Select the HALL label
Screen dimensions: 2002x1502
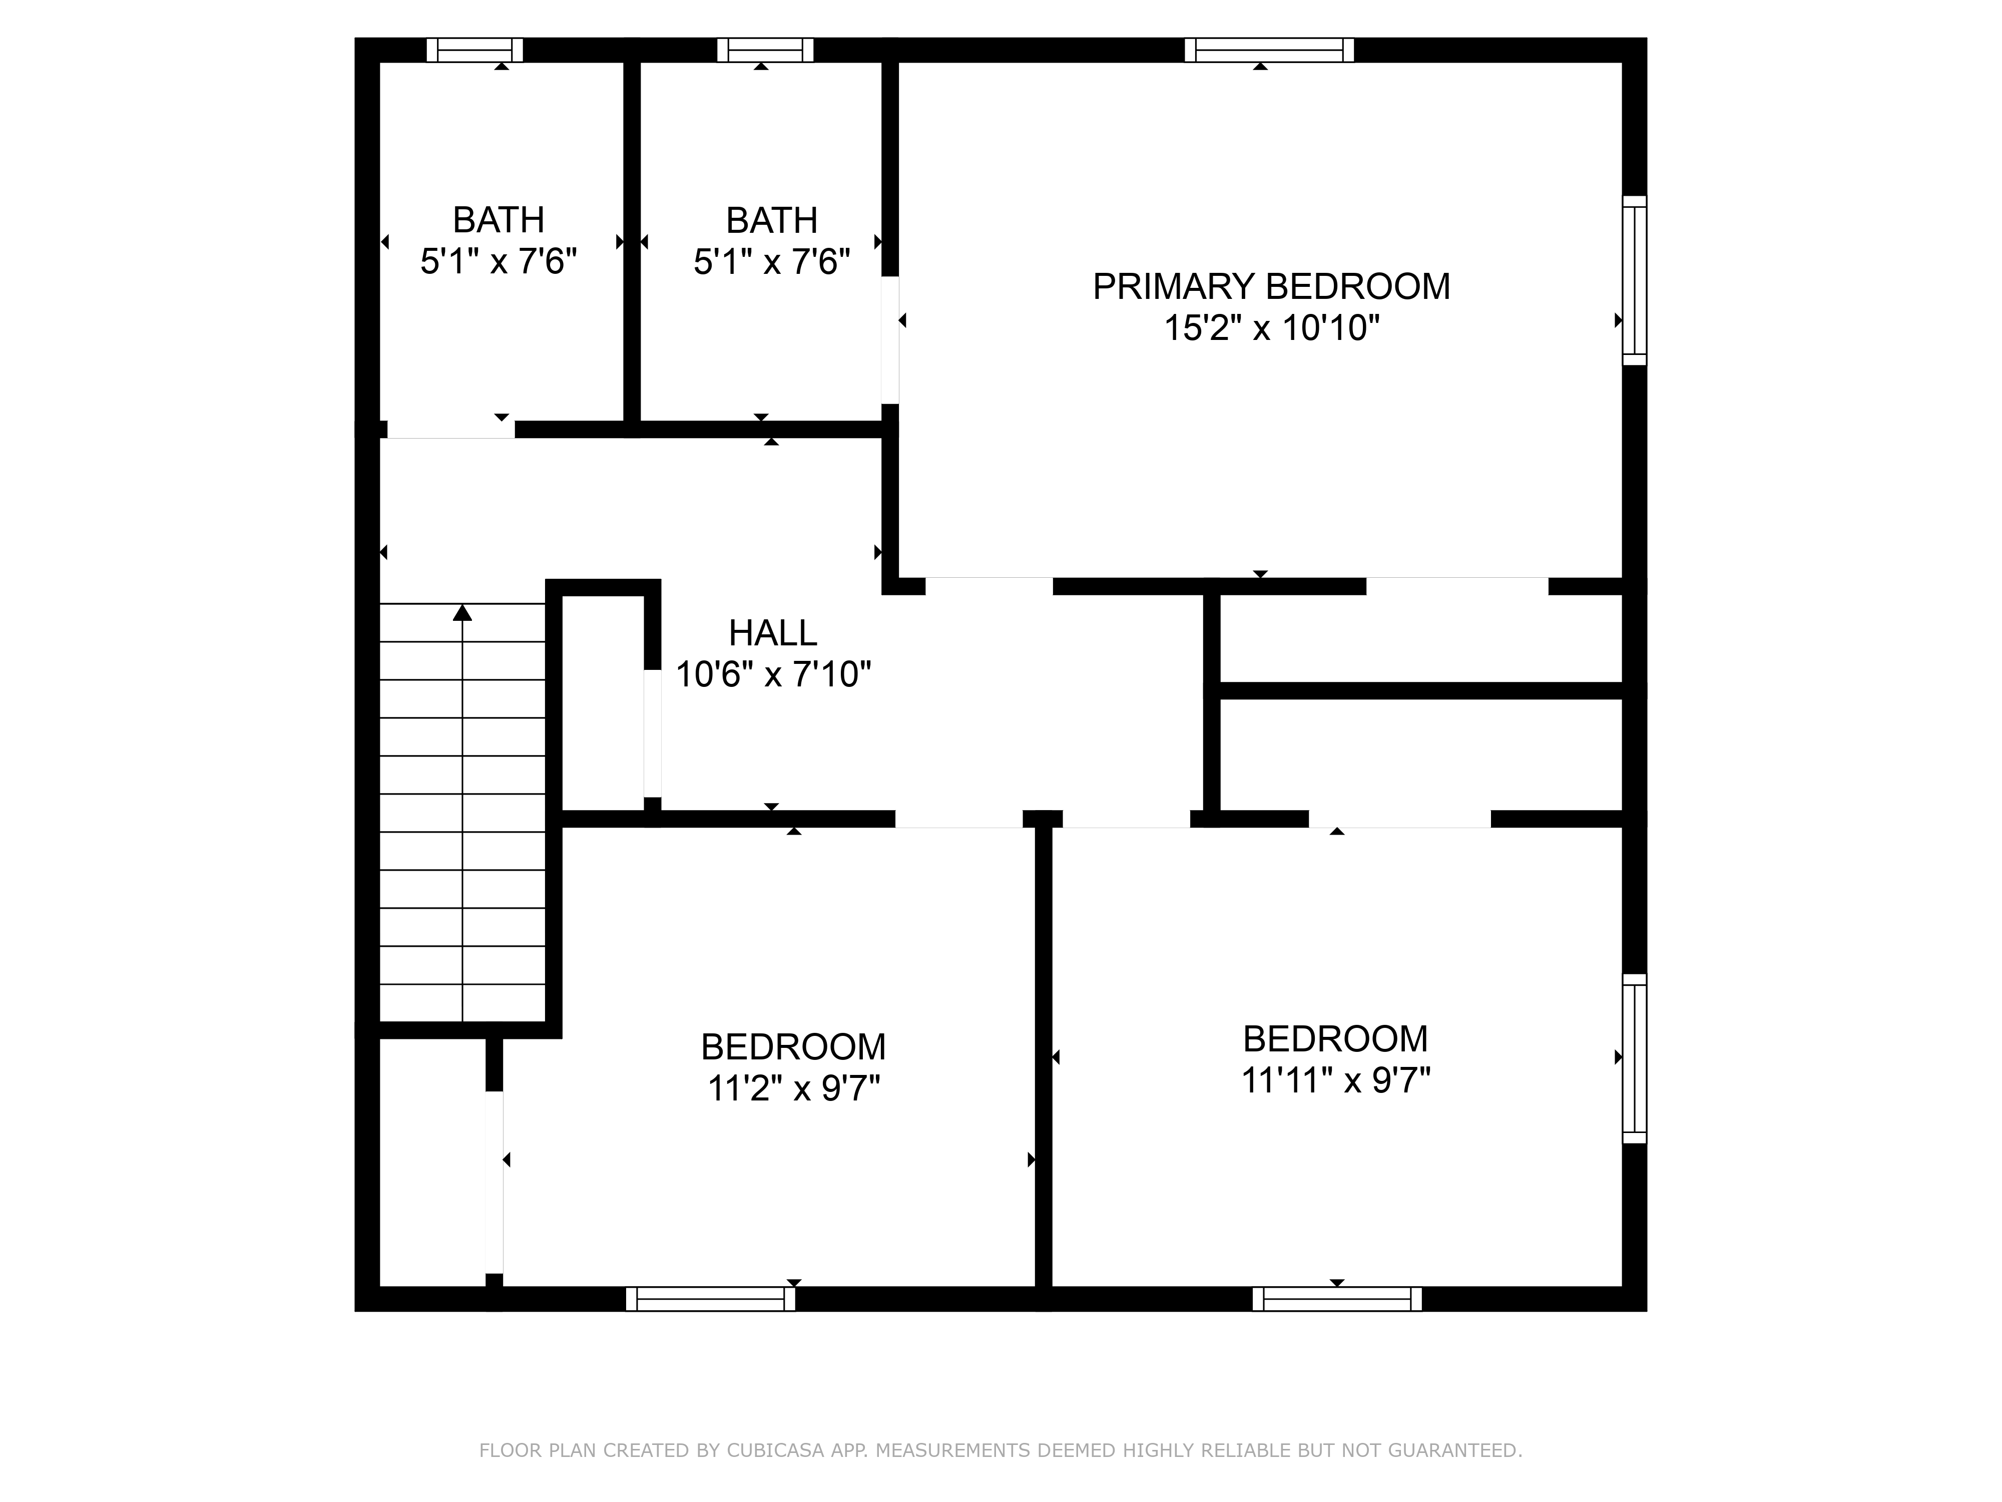[773, 633]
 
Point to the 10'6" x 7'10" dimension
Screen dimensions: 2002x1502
[773, 674]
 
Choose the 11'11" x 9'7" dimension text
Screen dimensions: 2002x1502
[1336, 1080]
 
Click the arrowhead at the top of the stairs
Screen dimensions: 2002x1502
[462, 613]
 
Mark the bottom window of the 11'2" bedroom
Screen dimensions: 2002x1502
[711, 1298]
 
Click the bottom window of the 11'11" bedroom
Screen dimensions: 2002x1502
[1337, 1298]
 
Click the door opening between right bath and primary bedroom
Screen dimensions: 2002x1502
[890, 339]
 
